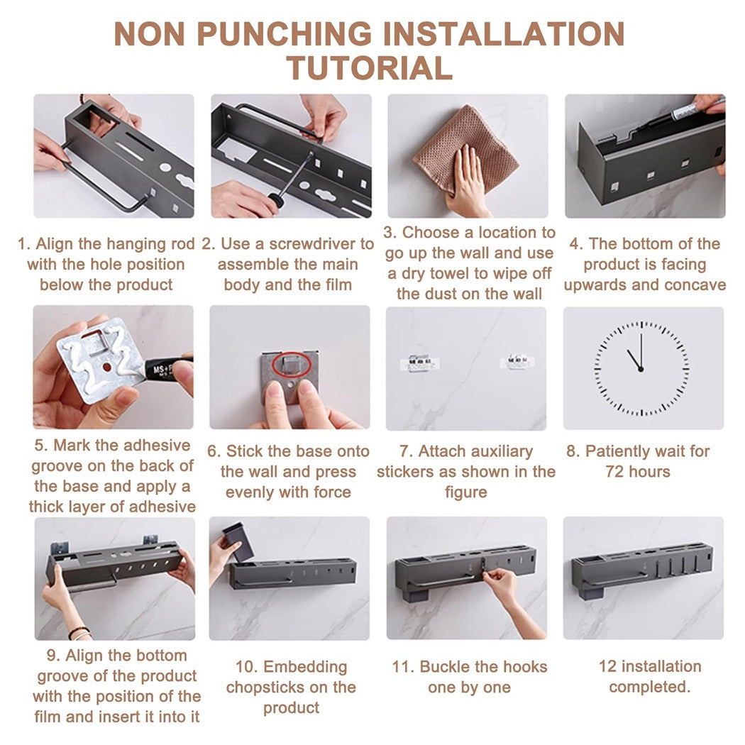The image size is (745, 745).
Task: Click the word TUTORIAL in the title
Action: click(x=369, y=67)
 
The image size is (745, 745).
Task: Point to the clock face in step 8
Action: click(x=641, y=368)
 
